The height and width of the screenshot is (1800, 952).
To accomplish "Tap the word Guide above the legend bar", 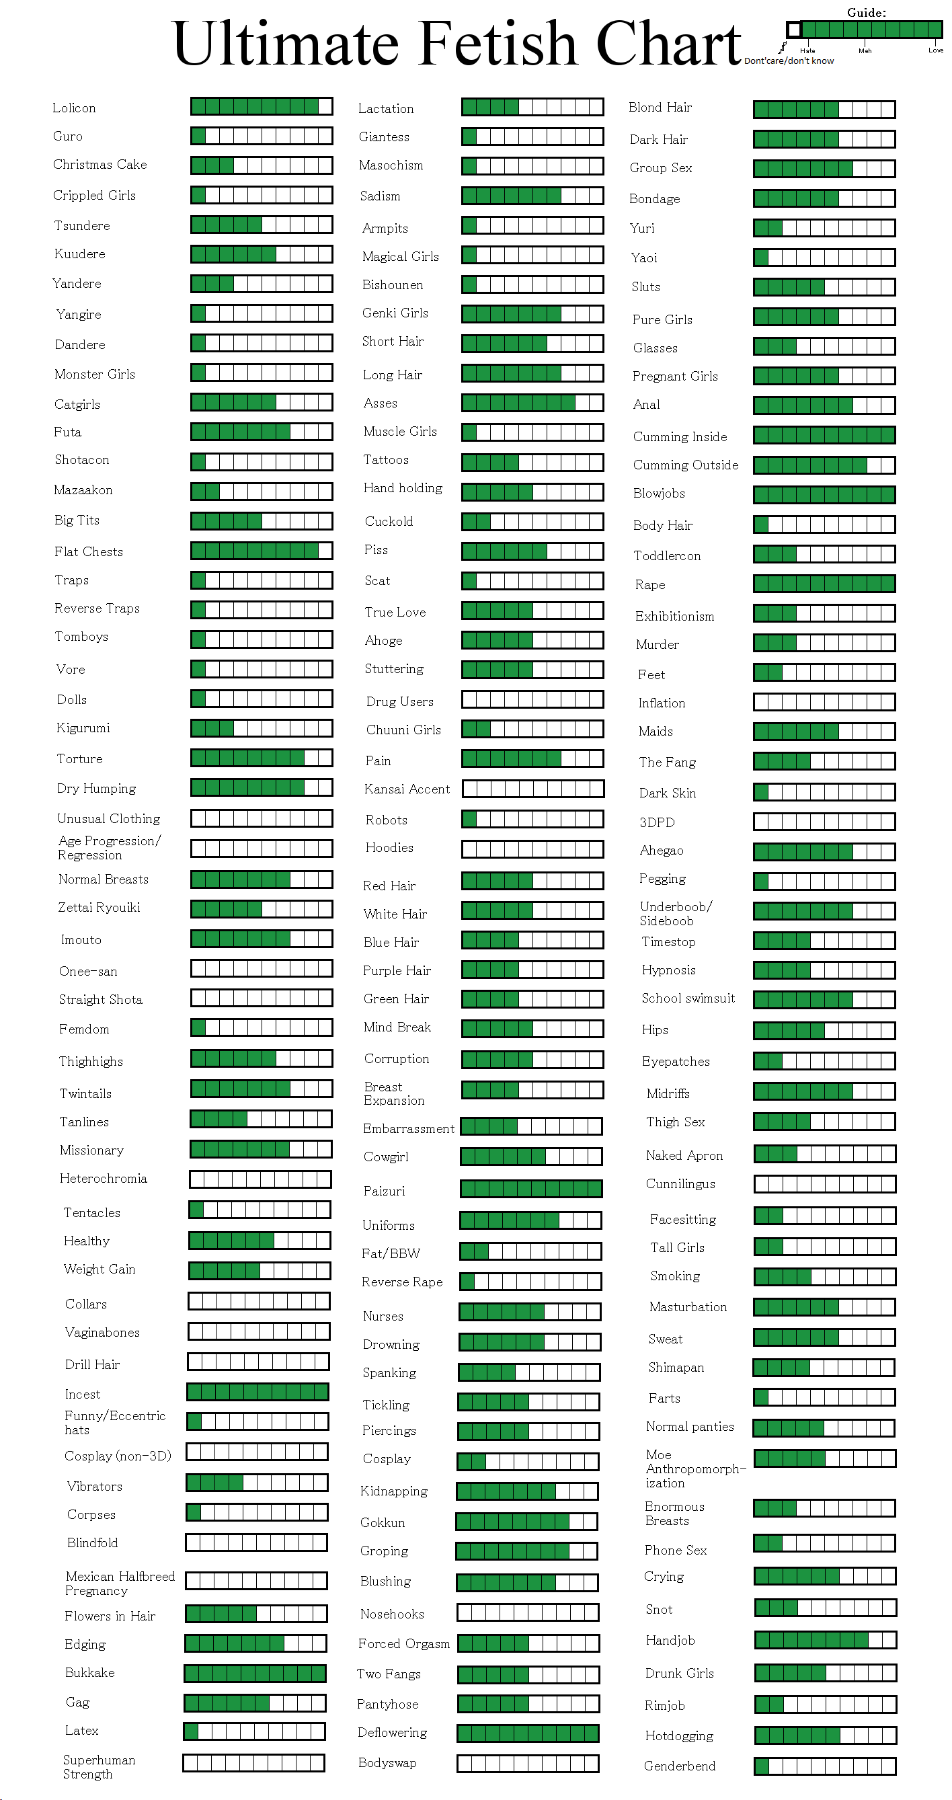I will [x=866, y=13].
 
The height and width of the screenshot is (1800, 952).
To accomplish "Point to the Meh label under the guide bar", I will [x=865, y=51].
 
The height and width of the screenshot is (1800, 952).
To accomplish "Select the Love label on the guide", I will [x=935, y=50].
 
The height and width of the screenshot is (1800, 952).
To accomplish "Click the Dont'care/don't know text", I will [x=789, y=61].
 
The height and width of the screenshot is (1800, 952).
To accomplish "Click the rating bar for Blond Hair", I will [x=824, y=109].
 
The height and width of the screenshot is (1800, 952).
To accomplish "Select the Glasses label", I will [x=655, y=348].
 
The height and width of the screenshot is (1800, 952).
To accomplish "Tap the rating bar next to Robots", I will [x=532, y=818].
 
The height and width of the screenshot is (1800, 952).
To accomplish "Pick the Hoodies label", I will [x=389, y=848].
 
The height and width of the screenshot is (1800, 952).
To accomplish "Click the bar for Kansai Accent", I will [x=532, y=789].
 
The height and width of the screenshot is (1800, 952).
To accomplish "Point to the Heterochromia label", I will [x=104, y=1179].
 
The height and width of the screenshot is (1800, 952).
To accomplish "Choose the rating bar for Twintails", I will [x=262, y=1088].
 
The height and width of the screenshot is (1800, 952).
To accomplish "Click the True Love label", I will [x=395, y=612].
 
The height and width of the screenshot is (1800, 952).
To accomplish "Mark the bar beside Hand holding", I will [x=532, y=492].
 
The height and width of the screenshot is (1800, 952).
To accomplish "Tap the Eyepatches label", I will [x=676, y=1062].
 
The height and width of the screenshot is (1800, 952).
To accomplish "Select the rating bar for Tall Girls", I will [x=825, y=1247].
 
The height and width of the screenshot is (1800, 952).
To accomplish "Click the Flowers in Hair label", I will [x=110, y=1616].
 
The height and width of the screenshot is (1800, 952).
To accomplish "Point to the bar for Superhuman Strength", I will [x=253, y=1763].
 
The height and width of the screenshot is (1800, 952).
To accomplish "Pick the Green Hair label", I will [x=396, y=999].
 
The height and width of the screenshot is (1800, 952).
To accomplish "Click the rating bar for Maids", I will [x=824, y=732].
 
